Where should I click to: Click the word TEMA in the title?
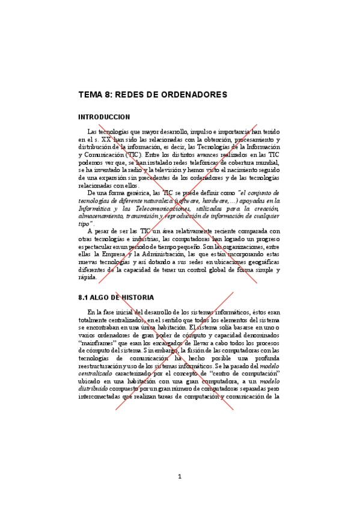tap(90, 95)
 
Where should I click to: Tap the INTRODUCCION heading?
tap(104, 117)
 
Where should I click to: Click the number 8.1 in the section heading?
tap(84, 297)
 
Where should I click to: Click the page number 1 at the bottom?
tap(179, 477)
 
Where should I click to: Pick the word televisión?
tap(163, 170)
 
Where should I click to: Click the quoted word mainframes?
tap(100, 342)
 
